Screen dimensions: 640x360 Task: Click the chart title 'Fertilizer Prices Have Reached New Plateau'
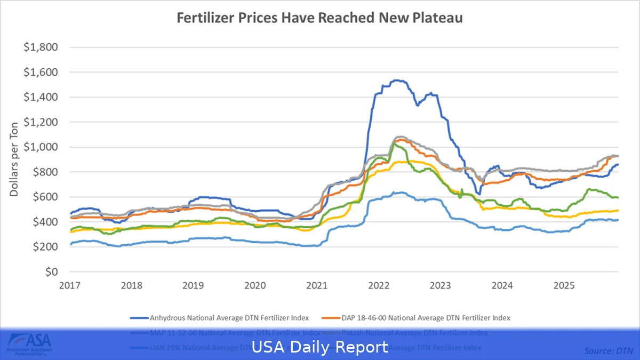(x=319, y=18)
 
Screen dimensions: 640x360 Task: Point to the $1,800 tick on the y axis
(x=41, y=47)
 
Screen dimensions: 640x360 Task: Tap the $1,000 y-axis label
(x=41, y=147)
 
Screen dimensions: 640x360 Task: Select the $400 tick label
(x=44, y=222)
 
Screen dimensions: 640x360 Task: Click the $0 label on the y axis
(x=51, y=272)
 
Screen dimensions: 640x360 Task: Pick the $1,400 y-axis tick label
(x=41, y=97)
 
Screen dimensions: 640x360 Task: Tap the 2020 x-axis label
(x=255, y=285)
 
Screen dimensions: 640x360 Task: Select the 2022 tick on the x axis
(x=379, y=285)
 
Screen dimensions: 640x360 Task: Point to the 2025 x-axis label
(x=564, y=285)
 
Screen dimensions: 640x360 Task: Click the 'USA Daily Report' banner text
(x=319, y=347)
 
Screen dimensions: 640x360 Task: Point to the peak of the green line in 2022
(x=393, y=144)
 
